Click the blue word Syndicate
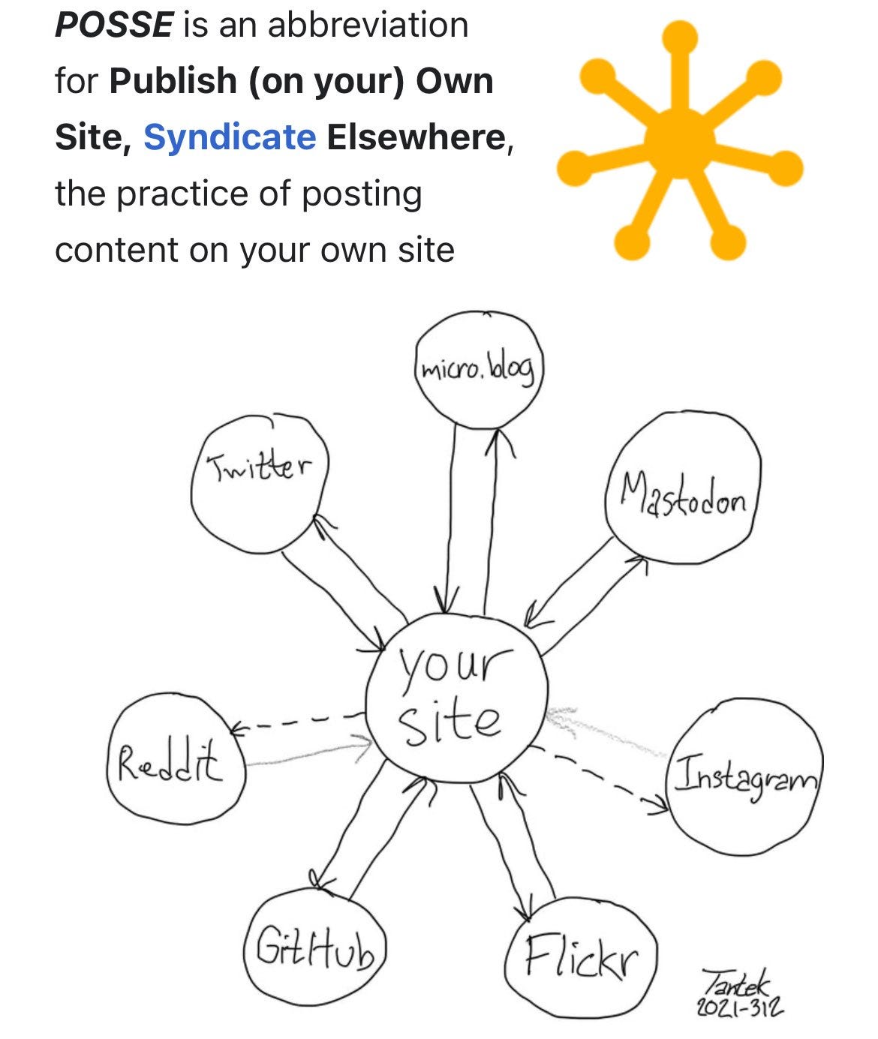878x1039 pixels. pyautogui.click(x=229, y=137)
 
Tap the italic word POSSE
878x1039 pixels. pyautogui.click(x=113, y=25)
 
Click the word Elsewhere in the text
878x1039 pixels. pyautogui.click(x=416, y=137)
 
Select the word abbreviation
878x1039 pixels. pyautogui.click(x=368, y=25)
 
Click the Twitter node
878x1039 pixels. pyautogui.click(x=260, y=480)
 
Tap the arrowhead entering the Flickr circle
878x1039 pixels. pyautogui.click(x=520, y=910)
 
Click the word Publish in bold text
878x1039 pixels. pyautogui.click(x=173, y=81)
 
